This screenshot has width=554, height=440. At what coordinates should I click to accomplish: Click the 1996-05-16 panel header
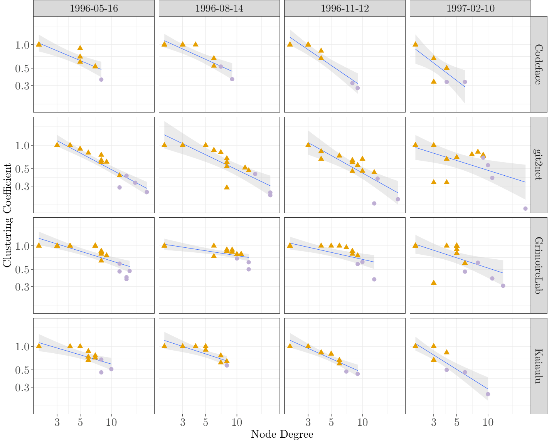point(94,8)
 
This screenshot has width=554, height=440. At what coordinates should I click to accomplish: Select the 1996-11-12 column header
point(345,8)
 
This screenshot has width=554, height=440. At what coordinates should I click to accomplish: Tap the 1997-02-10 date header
point(470,8)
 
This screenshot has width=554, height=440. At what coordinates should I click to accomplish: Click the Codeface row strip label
point(539,64)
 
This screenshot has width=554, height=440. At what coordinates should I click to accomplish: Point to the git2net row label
point(539,165)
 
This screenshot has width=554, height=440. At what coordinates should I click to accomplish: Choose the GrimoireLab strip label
point(539,265)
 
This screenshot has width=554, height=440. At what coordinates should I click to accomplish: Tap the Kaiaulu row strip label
point(539,366)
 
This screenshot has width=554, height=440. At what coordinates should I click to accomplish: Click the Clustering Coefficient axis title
point(7,215)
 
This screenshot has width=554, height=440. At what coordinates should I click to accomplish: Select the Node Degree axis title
point(282,434)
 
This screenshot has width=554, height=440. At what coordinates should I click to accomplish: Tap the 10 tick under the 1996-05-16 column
point(111,422)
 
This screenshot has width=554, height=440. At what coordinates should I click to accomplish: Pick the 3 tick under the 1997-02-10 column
point(434,422)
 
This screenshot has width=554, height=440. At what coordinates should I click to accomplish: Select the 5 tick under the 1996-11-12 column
point(331,422)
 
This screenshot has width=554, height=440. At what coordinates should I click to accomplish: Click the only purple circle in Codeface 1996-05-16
point(101,79)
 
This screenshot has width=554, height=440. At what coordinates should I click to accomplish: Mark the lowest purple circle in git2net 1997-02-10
point(525,208)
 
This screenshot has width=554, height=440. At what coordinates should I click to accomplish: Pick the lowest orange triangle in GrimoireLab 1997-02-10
point(434,282)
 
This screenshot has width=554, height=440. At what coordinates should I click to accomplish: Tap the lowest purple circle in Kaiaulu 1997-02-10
point(488,394)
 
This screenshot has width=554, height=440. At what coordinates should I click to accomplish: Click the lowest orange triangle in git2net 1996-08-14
point(227,187)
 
